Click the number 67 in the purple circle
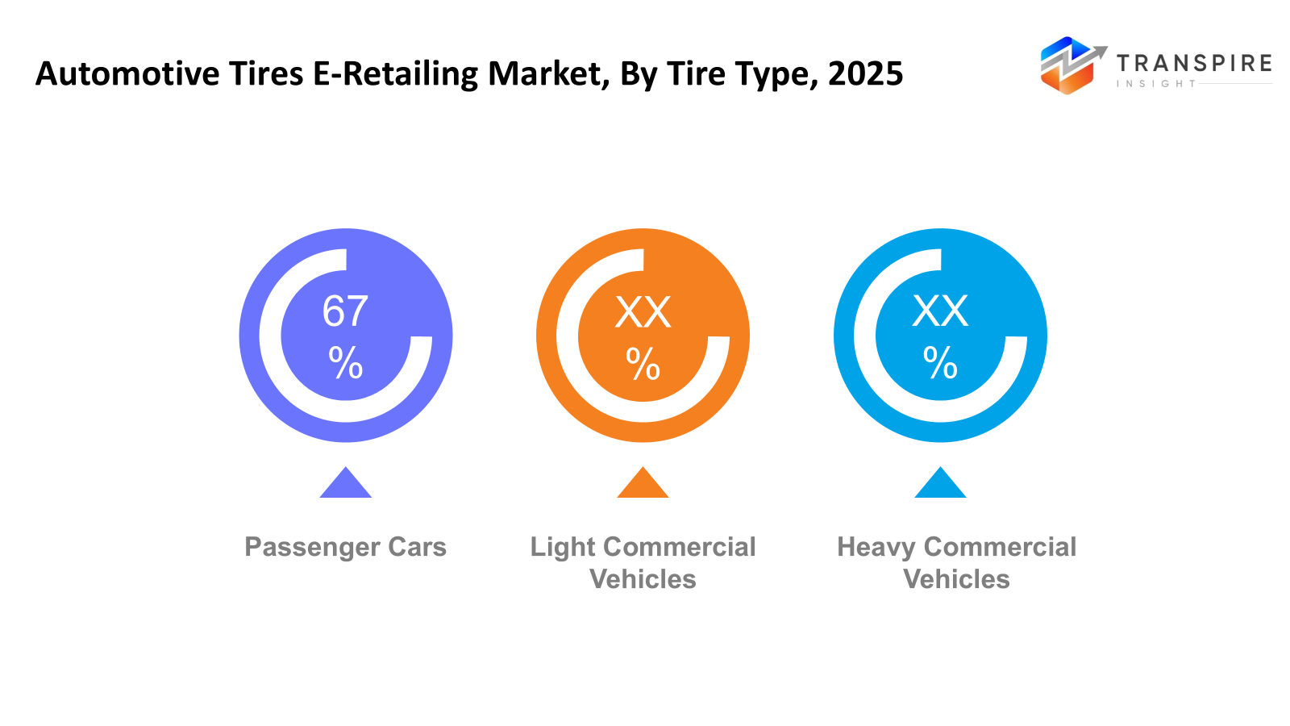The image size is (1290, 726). [345, 311]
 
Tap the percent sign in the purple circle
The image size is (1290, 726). [345, 363]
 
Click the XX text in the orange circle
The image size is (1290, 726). [643, 312]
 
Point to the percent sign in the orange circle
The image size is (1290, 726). [643, 364]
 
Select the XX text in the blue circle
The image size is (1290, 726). [940, 311]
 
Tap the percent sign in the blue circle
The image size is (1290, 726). [940, 363]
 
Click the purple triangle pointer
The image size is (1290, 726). [345, 485]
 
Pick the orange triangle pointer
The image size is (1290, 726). [643, 485]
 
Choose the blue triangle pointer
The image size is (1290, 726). [940, 485]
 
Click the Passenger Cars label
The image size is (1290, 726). [345, 547]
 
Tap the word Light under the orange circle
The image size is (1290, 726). [562, 547]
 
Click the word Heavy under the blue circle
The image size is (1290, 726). [876, 547]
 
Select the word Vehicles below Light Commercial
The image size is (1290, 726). [643, 579]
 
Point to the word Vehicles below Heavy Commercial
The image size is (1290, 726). [956, 579]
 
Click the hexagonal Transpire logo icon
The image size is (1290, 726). [1068, 66]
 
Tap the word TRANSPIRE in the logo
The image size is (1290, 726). [1193, 63]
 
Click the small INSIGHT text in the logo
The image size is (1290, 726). [1155, 84]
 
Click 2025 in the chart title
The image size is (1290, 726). [865, 74]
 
